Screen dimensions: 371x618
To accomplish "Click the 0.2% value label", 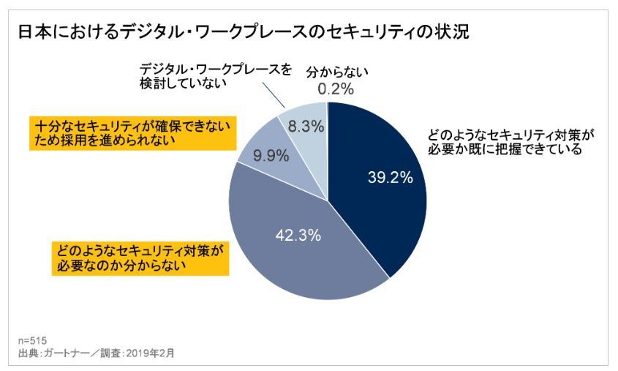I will tap(336, 90).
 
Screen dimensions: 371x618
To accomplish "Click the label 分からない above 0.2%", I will tap(336, 72).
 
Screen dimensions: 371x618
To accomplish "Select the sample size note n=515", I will tap(31, 340).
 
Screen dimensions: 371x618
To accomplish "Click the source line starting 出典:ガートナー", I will tap(95, 353).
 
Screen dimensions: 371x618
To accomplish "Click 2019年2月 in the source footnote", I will tap(151, 353).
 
